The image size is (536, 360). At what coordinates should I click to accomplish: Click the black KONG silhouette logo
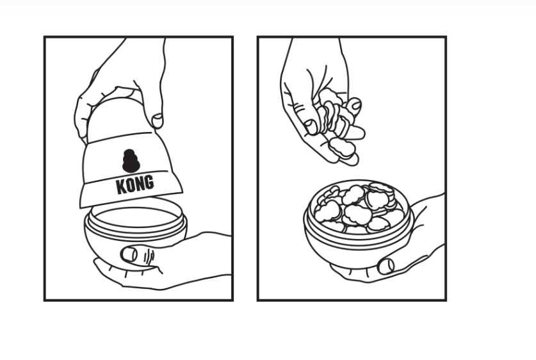coord(131,161)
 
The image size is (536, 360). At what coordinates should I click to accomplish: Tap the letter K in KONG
coord(120,186)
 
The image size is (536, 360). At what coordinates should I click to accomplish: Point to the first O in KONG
coord(129,184)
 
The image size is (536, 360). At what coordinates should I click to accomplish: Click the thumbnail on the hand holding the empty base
coord(129,254)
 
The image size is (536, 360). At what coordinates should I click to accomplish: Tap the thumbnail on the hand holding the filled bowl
coord(386,266)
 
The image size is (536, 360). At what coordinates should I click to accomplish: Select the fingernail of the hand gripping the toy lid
coord(157,120)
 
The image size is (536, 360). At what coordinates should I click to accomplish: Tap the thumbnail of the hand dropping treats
coord(311,126)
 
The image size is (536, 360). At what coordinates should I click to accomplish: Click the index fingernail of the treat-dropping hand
coord(354,104)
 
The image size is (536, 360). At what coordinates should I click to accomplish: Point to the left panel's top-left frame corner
coord(45,37)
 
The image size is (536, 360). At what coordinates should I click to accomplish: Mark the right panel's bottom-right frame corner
coord(445,300)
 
